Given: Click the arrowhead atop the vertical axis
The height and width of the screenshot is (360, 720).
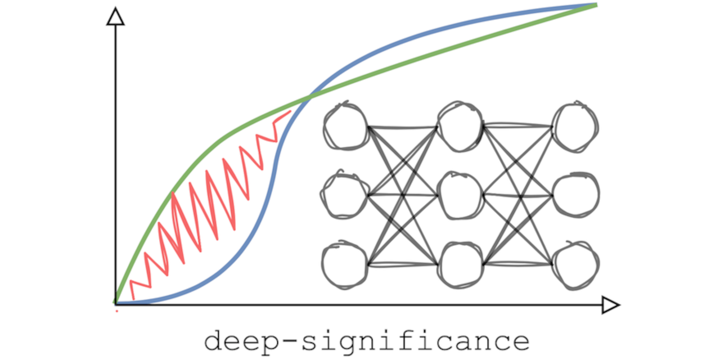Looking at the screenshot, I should pyautogui.click(x=115, y=17).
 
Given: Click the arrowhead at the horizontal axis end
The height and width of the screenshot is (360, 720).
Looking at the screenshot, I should pyautogui.click(x=610, y=305).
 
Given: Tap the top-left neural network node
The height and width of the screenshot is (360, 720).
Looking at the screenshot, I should pyautogui.click(x=345, y=126).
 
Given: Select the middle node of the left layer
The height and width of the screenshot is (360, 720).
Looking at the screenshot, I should pyautogui.click(x=344, y=195).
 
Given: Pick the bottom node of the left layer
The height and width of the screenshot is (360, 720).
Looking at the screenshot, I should pyautogui.click(x=344, y=263).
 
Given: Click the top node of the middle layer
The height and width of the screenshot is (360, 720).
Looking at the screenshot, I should pyautogui.click(x=460, y=126).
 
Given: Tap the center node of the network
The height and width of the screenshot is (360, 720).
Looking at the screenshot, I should pyautogui.click(x=460, y=195).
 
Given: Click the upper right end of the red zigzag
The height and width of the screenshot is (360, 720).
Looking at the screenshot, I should pyautogui.click(x=290, y=111).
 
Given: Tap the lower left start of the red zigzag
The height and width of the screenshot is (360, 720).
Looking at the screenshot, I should pyautogui.click(x=132, y=298).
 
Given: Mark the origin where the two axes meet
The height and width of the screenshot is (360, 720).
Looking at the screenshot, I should pyautogui.click(x=115, y=304).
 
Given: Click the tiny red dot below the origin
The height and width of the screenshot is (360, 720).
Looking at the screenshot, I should pyautogui.click(x=116, y=310).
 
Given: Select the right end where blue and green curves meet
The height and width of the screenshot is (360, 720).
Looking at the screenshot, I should pyautogui.click(x=595, y=4).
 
